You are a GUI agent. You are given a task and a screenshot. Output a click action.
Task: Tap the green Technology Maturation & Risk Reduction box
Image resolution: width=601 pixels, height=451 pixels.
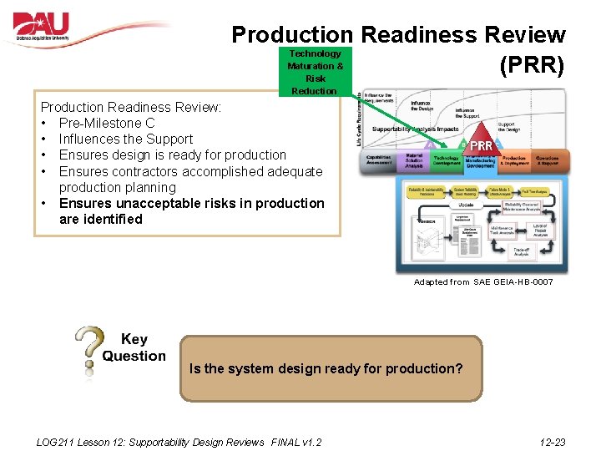coord(315,72)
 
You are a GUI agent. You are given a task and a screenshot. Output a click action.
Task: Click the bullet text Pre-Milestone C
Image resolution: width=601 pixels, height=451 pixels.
coord(107,123)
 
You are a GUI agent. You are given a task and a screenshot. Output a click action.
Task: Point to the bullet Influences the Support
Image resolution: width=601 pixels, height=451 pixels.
coord(125,139)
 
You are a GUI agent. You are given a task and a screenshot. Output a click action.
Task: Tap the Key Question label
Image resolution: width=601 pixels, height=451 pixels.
coord(134,347)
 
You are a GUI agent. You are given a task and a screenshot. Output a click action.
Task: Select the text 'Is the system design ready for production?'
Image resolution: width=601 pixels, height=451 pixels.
coord(326,368)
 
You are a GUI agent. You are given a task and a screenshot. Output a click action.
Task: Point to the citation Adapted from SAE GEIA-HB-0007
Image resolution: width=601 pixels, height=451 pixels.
coord(483,282)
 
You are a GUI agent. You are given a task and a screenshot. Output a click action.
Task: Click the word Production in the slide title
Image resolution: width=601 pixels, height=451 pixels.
coord(292,35)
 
